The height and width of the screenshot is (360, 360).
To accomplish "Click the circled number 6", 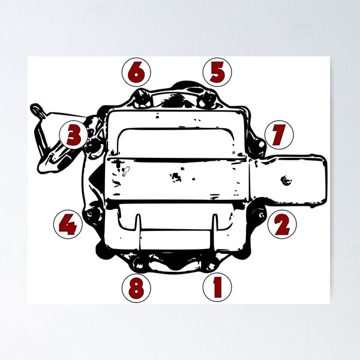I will click(136, 73).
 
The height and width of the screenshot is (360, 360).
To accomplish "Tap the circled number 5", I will click(217, 73).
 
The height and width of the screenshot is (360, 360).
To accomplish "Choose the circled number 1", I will click(217, 287).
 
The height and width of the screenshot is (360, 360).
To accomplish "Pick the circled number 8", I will click(136, 287).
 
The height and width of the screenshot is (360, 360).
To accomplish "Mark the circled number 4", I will click(68, 225).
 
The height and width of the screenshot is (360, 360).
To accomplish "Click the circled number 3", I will click(74, 135).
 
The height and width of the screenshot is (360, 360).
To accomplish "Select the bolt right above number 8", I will click(140, 263).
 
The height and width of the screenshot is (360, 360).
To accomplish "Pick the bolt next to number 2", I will click(260, 212).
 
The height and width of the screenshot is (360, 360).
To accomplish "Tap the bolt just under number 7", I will click(260, 145).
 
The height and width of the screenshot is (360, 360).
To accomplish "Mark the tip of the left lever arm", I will click(37, 109).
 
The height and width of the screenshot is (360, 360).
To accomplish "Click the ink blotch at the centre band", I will click(176, 176).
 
